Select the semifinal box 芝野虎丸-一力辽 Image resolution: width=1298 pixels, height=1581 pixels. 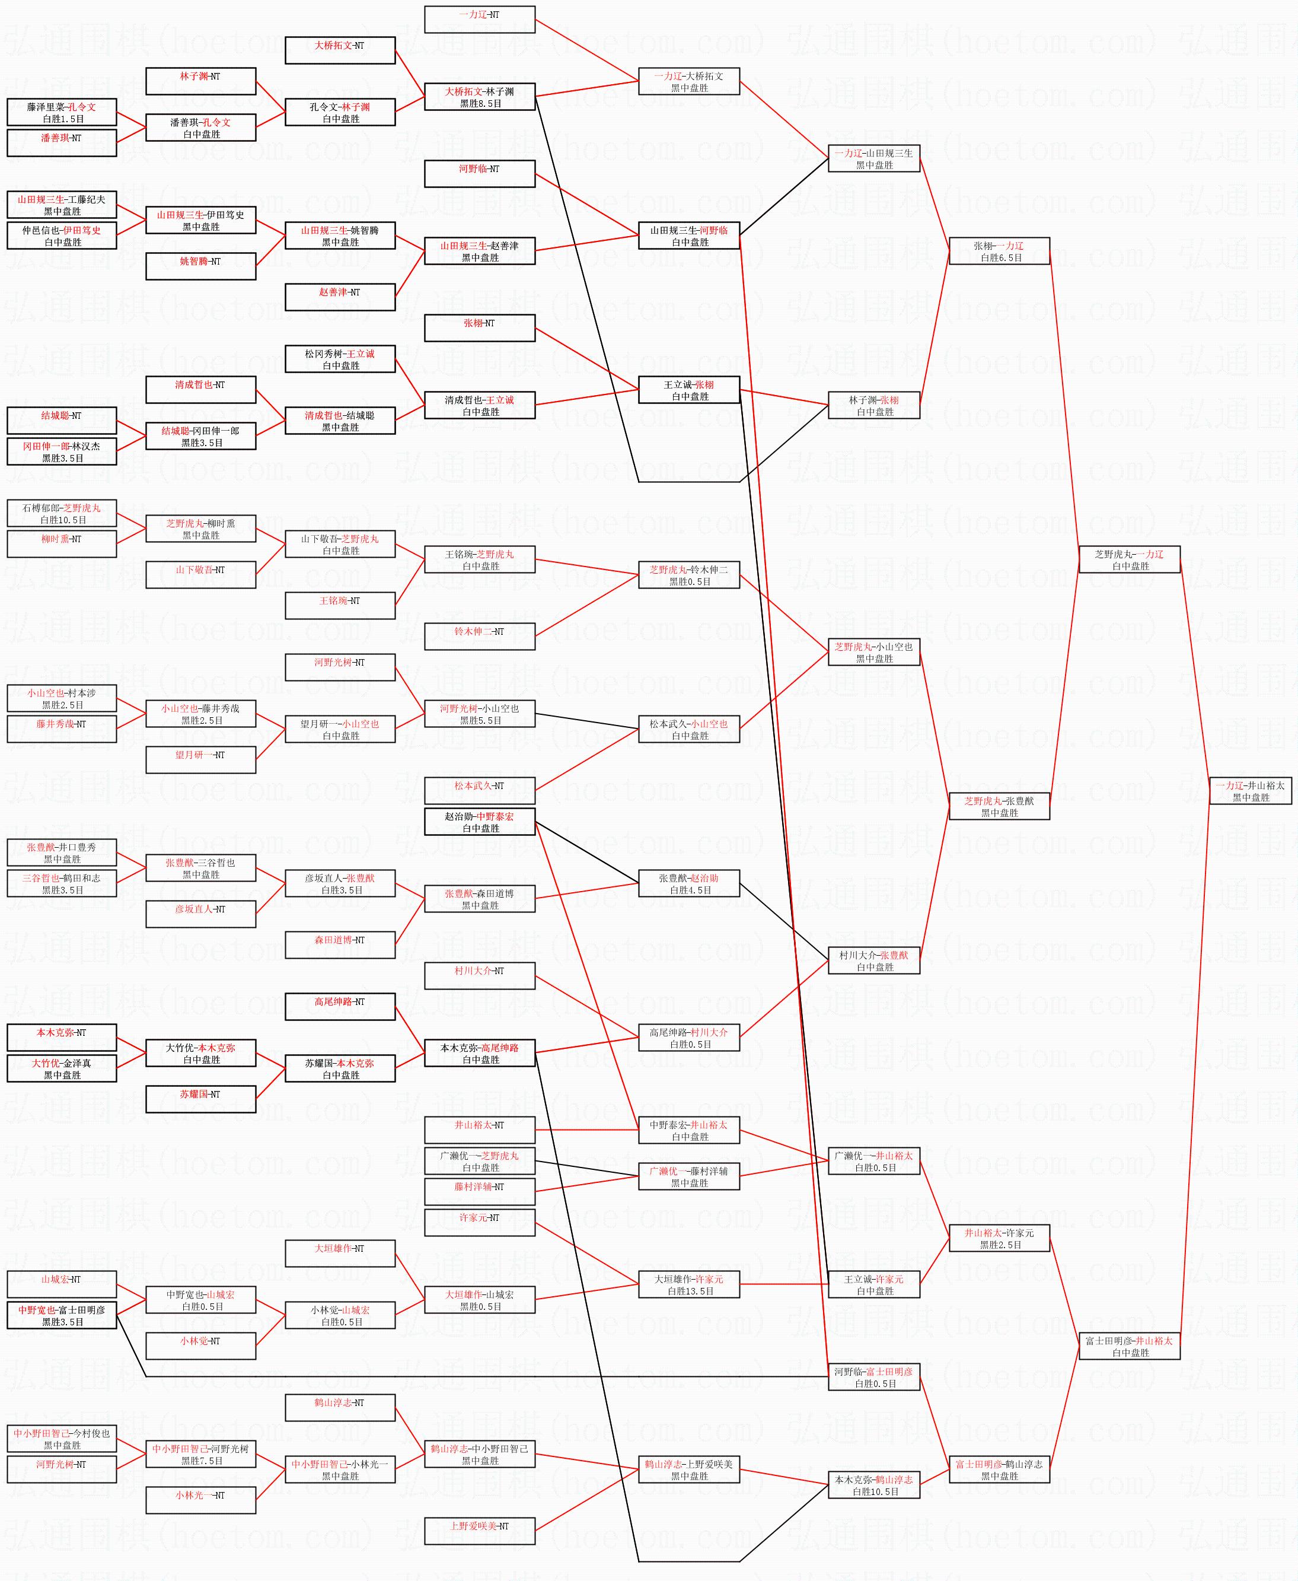[1129, 559]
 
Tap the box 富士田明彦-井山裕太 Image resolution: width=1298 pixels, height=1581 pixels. [1129, 1346]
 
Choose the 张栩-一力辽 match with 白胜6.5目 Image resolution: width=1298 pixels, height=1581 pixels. [999, 252]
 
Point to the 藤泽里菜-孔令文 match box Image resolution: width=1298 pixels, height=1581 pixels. [62, 112]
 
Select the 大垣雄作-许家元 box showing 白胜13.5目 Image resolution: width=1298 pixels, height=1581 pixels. [688, 1284]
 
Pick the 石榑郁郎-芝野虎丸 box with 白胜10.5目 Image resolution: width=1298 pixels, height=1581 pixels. [62, 513]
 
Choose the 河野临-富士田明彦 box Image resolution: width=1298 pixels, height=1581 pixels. [873, 1377]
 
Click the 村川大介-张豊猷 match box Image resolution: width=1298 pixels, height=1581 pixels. [873, 960]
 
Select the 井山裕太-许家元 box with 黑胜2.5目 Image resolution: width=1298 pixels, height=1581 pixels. [999, 1238]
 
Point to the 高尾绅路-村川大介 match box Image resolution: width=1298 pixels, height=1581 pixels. [688, 1038]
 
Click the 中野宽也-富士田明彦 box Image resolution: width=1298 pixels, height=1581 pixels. [62, 1315]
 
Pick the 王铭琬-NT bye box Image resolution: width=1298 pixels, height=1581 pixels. [340, 606]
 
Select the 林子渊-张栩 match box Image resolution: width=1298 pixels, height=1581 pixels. [873, 405]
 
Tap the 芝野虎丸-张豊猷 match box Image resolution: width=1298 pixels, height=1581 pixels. [999, 806]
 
